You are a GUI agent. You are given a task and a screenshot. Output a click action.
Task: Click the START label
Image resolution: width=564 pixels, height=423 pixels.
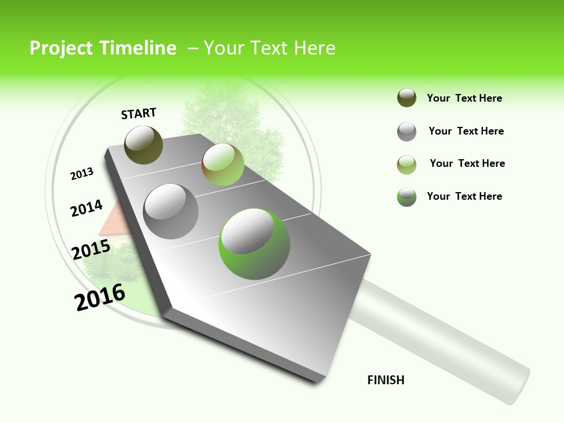(139, 113)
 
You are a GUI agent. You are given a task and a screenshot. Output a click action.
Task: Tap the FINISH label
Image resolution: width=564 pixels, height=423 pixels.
(385, 380)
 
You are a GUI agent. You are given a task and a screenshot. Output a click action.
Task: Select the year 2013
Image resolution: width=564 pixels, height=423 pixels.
(82, 173)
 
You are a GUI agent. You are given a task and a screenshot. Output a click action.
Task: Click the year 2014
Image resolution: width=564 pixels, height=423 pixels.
(86, 208)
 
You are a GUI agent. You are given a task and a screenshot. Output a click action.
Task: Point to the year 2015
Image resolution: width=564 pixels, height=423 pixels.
(90, 249)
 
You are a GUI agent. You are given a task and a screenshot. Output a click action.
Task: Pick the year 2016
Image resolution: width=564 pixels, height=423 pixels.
(100, 297)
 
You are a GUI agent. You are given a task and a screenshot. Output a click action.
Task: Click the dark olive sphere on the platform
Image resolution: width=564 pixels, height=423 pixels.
(143, 145)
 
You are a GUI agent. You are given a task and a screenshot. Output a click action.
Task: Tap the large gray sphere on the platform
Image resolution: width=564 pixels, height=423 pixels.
(170, 211)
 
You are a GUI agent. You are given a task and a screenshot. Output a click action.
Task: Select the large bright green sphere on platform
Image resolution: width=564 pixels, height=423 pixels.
(254, 243)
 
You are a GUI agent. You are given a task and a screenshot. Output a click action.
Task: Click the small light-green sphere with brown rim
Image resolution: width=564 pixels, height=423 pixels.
(222, 164)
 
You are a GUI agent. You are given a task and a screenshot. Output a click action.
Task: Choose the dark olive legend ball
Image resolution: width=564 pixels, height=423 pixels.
(407, 98)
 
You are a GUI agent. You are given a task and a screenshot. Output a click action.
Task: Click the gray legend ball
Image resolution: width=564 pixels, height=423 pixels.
(407, 131)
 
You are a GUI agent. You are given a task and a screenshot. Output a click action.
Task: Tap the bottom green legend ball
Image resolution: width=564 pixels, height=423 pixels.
(407, 196)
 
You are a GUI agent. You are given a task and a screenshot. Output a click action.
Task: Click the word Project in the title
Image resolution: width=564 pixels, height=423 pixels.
(62, 48)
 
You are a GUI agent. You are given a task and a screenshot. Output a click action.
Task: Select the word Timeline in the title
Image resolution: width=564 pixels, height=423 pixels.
(138, 48)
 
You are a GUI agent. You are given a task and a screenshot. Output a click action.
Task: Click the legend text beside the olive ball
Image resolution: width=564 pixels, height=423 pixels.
(464, 98)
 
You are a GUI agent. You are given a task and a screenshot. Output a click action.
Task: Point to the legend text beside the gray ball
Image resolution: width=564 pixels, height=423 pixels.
(466, 131)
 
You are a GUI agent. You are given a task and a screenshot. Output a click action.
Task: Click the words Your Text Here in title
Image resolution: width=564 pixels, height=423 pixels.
(270, 48)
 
